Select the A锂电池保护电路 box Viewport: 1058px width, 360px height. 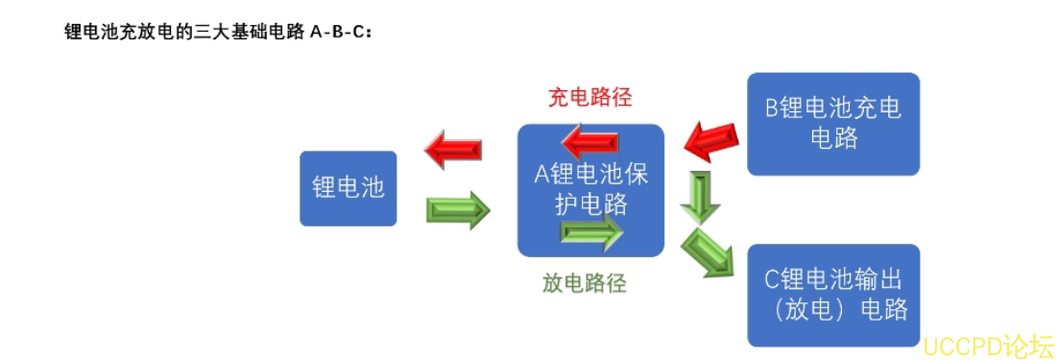pyautogui.click(x=590, y=190)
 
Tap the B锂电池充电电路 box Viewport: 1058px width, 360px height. pyautogui.click(x=832, y=124)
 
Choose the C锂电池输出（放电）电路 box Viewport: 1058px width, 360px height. pyautogui.click(x=832, y=295)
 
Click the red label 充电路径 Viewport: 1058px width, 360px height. pyautogui.click(x=589, y=98)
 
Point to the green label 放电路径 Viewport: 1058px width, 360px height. pyautogui.click(x=584, y=283)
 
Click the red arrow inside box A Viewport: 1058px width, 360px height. pyautogui.click(x=589, y=143)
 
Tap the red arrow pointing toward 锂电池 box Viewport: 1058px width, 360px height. pyautogui.click(x=453, y=150)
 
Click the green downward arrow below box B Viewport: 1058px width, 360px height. pyautogui.click(x=699, y=198)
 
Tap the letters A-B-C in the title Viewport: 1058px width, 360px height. pyautogui.click(x=341, y=32)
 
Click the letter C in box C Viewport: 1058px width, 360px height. pyautogui.click(x=771, y=280)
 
